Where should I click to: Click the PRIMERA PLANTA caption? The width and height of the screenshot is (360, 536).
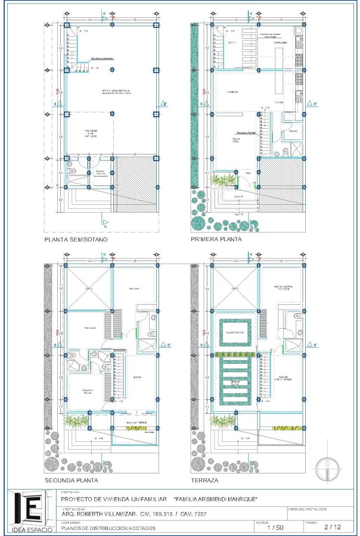click(x=216, y=239)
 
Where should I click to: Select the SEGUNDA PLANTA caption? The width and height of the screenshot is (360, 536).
click(x=72, y=480)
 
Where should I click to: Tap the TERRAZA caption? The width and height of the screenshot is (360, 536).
click(x=204, y=480)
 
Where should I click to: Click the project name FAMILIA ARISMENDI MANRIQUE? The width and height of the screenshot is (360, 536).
click(x=215, y=499)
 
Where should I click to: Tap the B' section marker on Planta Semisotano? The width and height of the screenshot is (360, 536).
click(x=169, y=104)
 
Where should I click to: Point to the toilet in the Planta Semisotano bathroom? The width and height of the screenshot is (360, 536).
click(x=72, y=163)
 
